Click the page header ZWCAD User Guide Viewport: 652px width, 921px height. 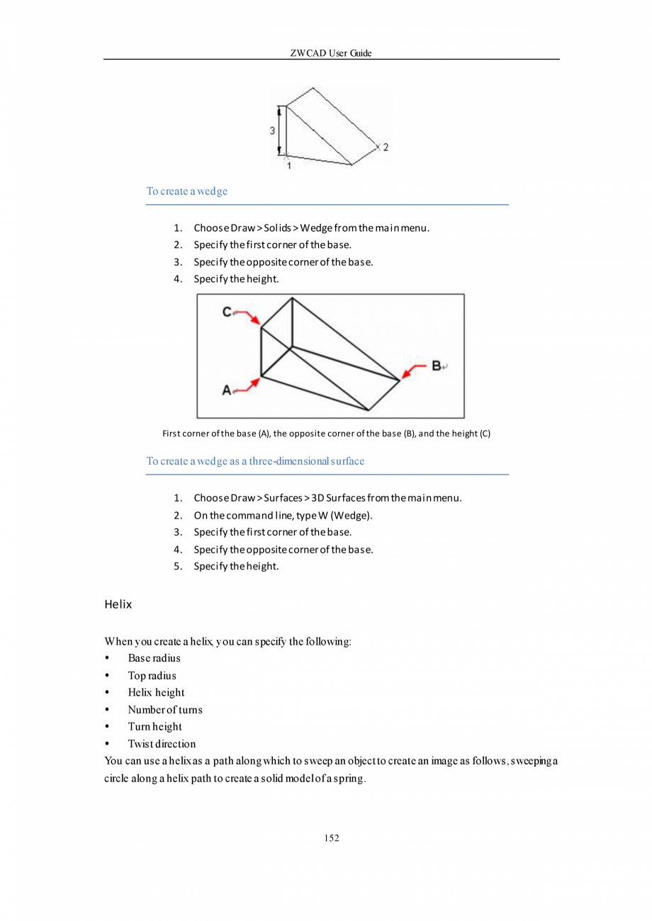331,53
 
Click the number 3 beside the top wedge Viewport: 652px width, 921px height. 272,130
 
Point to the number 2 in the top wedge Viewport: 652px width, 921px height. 386,148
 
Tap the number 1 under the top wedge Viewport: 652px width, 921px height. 288,166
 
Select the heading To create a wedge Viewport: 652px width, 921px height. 186,191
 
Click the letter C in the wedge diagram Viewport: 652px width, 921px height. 227,311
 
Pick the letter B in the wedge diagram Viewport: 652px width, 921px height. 437,366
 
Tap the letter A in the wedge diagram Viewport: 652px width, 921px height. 227,390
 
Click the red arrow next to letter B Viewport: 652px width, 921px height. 414,370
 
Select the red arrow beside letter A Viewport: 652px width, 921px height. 248,385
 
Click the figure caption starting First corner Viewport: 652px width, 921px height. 326,433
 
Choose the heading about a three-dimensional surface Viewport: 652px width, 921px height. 255,461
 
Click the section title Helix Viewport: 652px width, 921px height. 118,606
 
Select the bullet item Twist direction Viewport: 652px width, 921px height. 162,744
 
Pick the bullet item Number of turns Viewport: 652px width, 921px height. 165,710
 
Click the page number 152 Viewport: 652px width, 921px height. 332,838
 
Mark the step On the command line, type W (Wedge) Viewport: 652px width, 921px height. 283,515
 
